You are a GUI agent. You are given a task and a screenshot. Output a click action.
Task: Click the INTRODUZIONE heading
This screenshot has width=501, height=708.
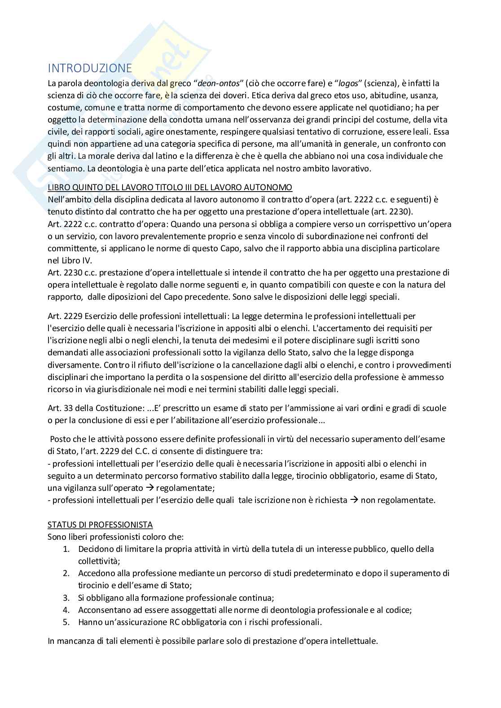[x=90, y=68]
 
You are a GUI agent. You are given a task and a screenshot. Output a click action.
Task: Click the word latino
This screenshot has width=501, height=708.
[x=207, y=156]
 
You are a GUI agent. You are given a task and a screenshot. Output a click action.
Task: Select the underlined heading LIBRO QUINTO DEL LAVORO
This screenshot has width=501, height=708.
[x=170, y=187]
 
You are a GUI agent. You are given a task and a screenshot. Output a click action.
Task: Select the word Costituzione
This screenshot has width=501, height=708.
[x=119, y=408]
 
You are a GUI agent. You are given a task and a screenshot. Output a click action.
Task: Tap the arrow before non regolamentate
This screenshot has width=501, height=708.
[x=353, y=500]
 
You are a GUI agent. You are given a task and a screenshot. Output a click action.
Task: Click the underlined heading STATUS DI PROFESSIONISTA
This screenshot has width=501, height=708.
[x=100, y=524]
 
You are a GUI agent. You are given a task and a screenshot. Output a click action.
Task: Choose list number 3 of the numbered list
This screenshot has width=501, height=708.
[x=66, y=598]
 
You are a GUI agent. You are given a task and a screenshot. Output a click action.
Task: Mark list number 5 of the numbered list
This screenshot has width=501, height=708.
[x=66, y=622]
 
